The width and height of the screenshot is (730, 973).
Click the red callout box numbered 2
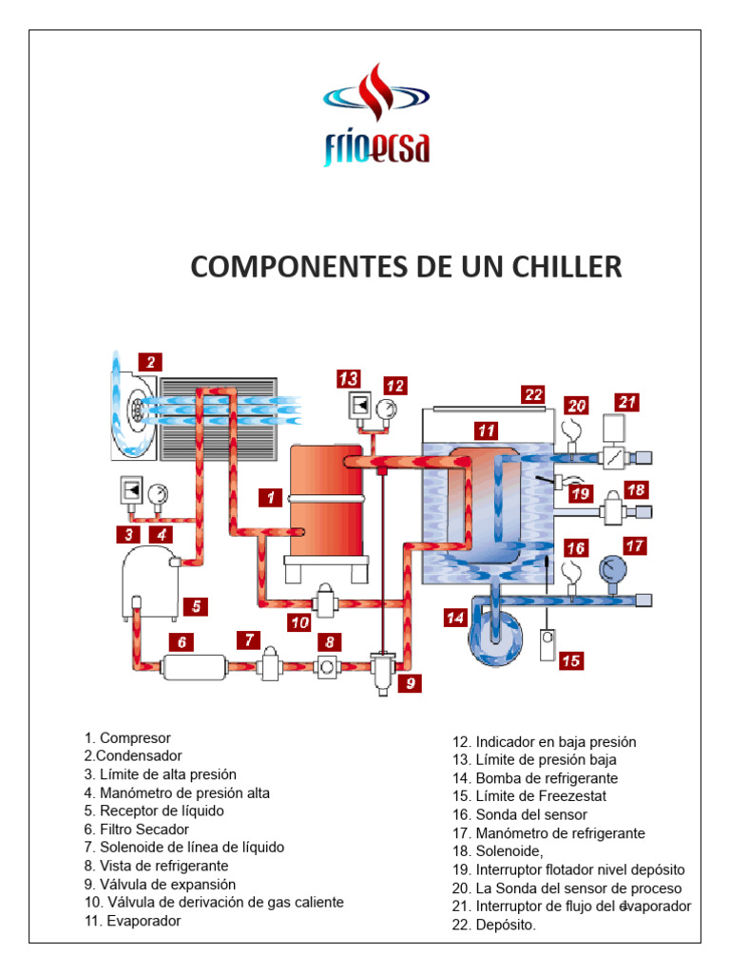pos(149,362)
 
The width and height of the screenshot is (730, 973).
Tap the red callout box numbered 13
pos(348,379)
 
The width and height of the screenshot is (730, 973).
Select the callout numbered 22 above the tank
pos(532,393)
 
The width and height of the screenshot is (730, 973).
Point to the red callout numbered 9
pos(410,682)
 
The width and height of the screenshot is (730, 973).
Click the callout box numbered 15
pos(570,659)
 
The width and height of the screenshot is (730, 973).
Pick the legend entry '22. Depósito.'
pos(494,924)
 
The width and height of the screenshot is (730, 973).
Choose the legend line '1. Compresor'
pos(127,738)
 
